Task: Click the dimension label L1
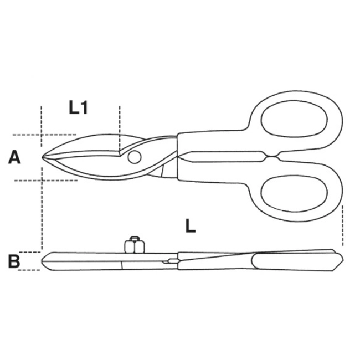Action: coord(79,107)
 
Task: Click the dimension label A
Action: coord(14,158)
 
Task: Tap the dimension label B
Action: coord(14,261)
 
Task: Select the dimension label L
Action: coord(190,225)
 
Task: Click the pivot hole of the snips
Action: coord(133,158)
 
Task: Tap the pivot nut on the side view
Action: coord(133,244)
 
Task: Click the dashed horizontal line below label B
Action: coord(30,270)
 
